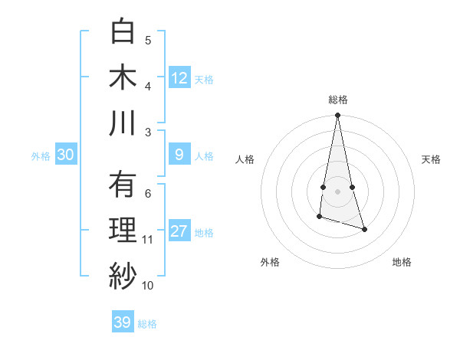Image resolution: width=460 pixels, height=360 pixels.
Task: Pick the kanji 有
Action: pyautogui.click(x=123, y=185)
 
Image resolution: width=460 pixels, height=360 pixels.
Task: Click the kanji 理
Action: pyautogui.click(x=123, y=231)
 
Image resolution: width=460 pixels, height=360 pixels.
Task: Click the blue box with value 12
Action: pyautogui.click(x=179, y=78)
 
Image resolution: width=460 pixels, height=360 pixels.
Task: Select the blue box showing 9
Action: pyautogui.click(x=179, y=155)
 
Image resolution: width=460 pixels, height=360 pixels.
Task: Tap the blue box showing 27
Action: pyautogui.click(x=179, y=231)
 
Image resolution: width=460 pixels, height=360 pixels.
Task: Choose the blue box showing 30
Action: pyautogui.click(x=66, y=155)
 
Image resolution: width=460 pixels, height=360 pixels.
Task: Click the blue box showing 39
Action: pyautogui.click(x=123, y=322)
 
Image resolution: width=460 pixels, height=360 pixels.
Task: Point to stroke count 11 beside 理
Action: pyautogui.click(x=147, y=240)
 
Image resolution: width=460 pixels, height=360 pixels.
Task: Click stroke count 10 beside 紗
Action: pyautogui.click(x=147, y=286)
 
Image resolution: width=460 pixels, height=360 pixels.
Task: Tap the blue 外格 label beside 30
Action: pyautogui.click(x=41, y=155)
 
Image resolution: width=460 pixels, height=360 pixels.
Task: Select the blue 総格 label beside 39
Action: pyautogui.click(x=147, y=323)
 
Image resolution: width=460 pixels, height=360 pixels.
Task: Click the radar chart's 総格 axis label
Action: pyautogui.click(x=337, y=100)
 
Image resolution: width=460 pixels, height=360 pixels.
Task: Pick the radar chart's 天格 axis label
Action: pyautogui.click(x=431, y=159)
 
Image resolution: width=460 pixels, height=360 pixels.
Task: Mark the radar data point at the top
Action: pyautogui.click(x=337, y=116)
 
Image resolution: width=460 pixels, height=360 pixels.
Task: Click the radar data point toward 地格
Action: pyautogui.click(x=364, y=229)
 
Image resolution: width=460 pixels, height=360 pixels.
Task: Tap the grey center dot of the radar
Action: pyautogui.click(x=337, y=191)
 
